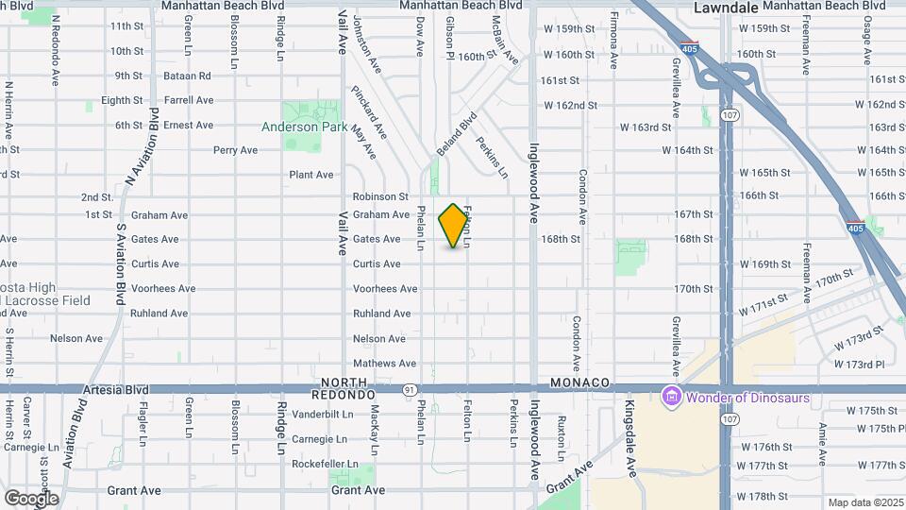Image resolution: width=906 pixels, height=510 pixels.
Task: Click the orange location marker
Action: pos(454,226)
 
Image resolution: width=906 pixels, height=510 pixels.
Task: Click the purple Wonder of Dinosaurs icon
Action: pos(672,397)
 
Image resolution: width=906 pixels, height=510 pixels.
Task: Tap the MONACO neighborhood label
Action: pos(579,382)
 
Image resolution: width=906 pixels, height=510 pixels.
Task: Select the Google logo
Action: pos(31,498)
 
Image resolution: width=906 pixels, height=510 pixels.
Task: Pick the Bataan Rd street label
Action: pos(190,76)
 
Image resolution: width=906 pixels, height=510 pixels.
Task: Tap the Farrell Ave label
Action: pos(189,100)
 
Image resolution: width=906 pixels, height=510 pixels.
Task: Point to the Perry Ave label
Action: pos(235,150)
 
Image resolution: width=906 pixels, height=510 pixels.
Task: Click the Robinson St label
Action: pos(380,196)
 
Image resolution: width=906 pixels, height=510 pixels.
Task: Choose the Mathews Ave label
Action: pos(384,364)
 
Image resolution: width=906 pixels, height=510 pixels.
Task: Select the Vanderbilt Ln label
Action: pos(323,414)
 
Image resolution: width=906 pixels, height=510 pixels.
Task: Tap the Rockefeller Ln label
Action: pos(326,464)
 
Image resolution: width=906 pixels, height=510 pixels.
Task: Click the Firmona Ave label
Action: pos(614,40)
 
